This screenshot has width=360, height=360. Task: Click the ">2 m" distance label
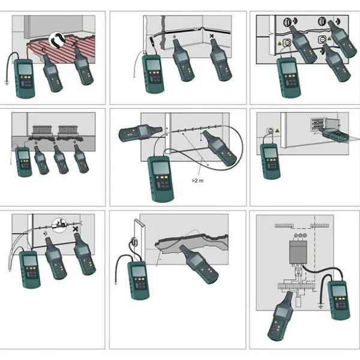point(197,181)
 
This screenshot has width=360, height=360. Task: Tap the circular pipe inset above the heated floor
point(57,40)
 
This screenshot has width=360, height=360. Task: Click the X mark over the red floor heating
point(74,44)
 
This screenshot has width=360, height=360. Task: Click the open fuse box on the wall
point(324,126)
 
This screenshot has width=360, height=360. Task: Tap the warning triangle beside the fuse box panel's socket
point(278,131)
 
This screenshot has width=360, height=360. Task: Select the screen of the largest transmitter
point(160,168)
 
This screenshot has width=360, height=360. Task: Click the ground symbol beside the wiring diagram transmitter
point(321,305)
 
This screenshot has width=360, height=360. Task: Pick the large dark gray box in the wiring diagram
point(298,252)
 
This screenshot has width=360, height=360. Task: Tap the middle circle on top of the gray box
point(300,236)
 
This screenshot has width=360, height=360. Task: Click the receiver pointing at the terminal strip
point(281,316)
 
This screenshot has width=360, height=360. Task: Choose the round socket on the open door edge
point(134,242)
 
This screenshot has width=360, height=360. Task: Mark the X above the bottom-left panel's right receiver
point(76,229)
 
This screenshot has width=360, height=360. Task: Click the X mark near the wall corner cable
point(212,36)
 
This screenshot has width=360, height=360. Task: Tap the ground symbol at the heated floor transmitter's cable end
point(7,83)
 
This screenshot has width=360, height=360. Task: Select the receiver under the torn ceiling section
point(199,264)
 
